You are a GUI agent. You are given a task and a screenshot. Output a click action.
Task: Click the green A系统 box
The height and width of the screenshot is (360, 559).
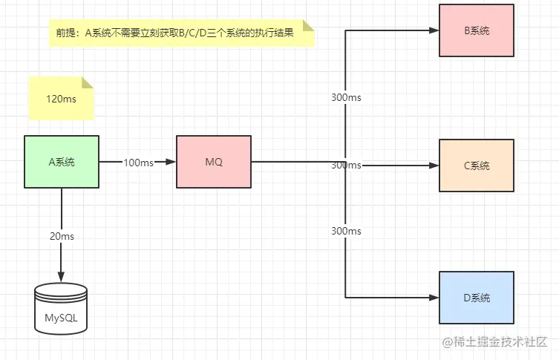click(62, 161)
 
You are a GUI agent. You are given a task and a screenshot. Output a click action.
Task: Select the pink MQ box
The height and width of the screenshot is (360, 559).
click(214, 161)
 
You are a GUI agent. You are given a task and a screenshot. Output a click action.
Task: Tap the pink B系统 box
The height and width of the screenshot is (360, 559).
click(476, 30)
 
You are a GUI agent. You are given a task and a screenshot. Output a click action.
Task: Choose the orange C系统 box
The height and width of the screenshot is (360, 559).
click(476, 165)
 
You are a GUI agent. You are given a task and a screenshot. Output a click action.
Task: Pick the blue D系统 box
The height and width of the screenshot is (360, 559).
click(476, 298)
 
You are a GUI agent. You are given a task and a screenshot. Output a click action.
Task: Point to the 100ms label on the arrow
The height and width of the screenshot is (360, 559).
click(138, 162)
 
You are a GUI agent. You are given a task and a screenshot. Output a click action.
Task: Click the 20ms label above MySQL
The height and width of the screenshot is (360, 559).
click(62, 235)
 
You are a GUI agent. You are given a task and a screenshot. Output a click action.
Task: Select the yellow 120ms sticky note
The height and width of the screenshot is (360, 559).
click(61, 98)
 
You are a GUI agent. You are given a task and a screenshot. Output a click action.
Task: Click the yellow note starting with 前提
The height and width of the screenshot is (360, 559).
click(182, 33)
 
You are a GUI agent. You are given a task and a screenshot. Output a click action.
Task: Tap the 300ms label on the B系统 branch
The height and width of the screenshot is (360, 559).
click(346, 97)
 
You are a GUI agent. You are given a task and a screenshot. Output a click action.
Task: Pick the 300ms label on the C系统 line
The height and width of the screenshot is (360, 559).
click(346, 165)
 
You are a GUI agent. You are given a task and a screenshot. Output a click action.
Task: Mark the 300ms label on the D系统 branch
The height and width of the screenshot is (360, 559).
click(346, 231)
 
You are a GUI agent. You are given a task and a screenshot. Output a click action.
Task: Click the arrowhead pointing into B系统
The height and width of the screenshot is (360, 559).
click(434, 30)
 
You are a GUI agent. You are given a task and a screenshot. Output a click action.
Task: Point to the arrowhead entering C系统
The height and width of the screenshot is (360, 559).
click(434, 165)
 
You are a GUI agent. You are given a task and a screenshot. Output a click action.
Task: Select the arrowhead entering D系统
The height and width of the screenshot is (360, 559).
click(434, 298)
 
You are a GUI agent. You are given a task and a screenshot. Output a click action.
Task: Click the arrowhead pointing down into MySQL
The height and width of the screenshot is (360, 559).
click(62, 276)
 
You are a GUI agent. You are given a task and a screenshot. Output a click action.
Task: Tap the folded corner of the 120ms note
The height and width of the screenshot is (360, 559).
click(88, 82)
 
